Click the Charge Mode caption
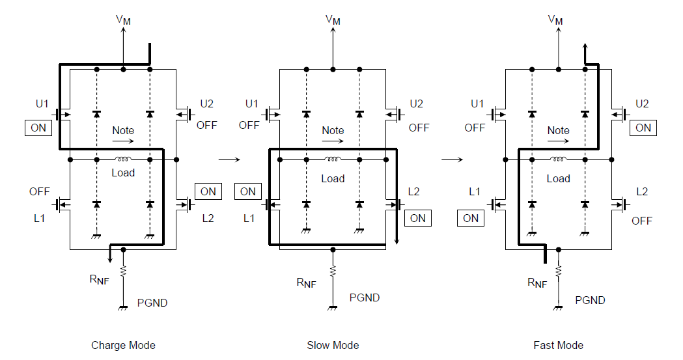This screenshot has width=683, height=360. coord(123,345)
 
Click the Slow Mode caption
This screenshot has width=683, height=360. coord(333,345)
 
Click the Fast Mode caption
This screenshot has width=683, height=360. coord(558,345)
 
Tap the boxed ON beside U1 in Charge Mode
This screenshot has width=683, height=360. coord(38,128)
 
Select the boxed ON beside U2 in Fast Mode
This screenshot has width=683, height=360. coord(643,128)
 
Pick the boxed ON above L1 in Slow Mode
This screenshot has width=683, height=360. coord(248,191)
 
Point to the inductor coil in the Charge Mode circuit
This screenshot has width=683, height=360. coord(123,158)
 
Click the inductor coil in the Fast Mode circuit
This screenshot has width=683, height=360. coord(558,158)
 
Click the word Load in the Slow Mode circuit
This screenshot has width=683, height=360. coord(333,178)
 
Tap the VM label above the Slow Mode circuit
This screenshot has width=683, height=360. coord(333,20)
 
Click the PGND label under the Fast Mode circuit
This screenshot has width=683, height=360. coord(590,300)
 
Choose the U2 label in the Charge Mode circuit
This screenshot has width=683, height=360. coord(207,104)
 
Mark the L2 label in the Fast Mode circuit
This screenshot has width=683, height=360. coord(642,191)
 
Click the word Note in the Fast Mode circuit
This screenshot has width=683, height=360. coord(558,130)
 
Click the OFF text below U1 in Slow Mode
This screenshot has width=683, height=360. coord(249,126)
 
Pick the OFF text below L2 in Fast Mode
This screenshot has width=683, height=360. coord(642,221)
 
